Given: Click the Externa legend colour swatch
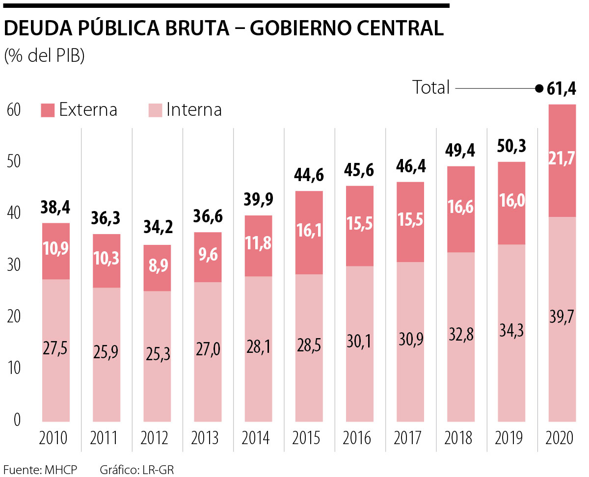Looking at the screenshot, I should pyautogui.click(x=48, y=110).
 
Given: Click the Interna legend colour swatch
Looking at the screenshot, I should pyautogui.click(x=156, y=110).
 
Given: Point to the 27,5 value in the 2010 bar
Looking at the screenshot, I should pyautogui.click(x=55, y=349).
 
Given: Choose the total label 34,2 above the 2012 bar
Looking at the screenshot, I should pyautogui.click(x=157, y=229).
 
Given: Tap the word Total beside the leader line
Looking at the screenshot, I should pyautogui.click(x=431, y=88).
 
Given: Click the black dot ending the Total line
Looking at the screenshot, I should pyautogui.click(x=538, y=89).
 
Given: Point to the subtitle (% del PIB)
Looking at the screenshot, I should pyautogui.click(x=45, y=55).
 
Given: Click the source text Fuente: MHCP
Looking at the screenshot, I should pyautogui.click(x=40, y=470).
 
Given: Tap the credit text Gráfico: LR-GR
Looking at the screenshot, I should pyautogui.click(x=137, y=470).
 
